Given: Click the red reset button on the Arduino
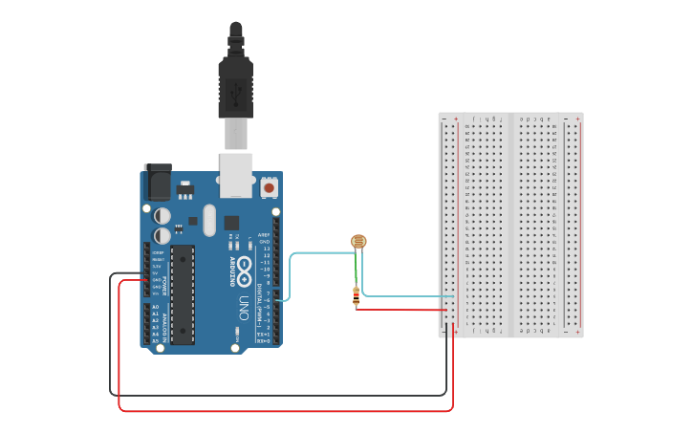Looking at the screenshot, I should [x=269, y=188].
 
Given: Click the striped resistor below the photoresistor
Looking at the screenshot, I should [x=357, y=297].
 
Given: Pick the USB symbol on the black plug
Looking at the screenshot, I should [x=236, y=90].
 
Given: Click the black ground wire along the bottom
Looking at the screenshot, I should [x=277, y=394].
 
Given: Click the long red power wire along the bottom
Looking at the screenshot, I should [x=287, y=411].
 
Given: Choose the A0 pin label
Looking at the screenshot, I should [x=155, y=307].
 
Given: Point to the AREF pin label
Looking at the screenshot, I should [x=264, y=234].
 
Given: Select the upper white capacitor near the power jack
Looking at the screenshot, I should [x=163, y=216].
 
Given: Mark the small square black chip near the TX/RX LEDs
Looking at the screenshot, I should [x=231, y=223].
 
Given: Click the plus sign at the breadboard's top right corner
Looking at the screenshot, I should [x=578, y=119].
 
